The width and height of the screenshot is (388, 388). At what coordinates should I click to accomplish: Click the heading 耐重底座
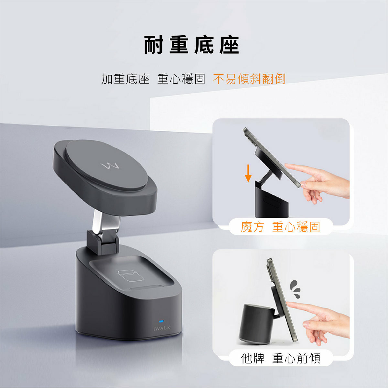click(x=191, y=45)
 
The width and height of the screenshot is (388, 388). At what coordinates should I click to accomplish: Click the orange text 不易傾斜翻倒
click(x=249, y=79)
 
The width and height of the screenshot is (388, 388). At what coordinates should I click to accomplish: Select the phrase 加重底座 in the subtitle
click(x=125, y=79)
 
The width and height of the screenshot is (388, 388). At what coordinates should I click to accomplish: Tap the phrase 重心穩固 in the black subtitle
click(x=181, y=79)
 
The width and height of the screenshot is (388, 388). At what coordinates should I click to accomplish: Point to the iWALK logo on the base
click(x=161, y=328)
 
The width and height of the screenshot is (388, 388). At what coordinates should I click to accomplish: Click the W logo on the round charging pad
click(x=110, y=166)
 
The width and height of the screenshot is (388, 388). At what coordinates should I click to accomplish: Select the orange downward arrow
click(x=248, y=173)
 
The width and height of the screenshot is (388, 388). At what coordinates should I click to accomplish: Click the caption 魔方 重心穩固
click(x=280, y=227)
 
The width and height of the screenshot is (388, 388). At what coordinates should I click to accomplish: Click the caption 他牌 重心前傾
click(x=280, y=358)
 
